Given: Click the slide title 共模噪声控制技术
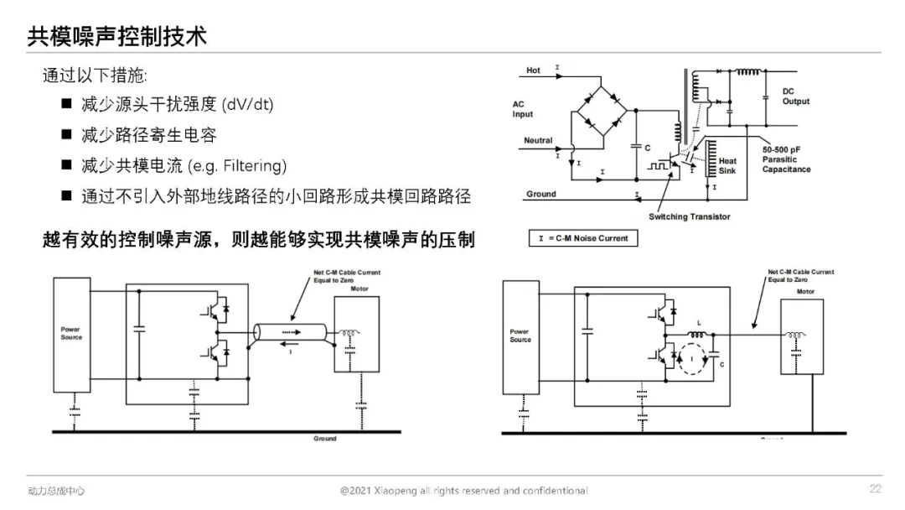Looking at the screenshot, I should tap(117, 36).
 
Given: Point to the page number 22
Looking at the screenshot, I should tap(875, 489).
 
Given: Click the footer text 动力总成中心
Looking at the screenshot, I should tap(56, 491).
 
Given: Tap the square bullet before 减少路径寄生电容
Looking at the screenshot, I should tap(66, 134).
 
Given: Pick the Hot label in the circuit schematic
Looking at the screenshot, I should tap(534, 70).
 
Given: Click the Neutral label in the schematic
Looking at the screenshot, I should tap(538, 140).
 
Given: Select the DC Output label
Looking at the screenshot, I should tap(795, 96).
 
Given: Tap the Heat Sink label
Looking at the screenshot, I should tap(727, 166).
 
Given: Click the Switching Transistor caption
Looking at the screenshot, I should tap(689, 216).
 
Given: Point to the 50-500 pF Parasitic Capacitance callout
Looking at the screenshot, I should tap(786, 159).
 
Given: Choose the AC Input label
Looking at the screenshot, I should tap(523, 109).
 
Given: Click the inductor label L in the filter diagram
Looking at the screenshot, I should tap(698, 323).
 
